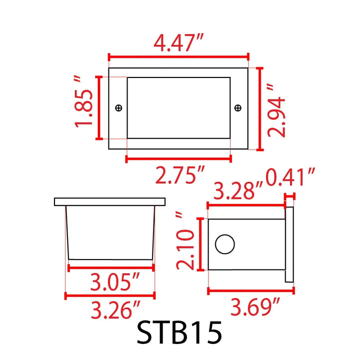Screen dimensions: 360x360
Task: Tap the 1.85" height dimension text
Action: [84, 108]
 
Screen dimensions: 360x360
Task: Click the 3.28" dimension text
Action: [238, 191]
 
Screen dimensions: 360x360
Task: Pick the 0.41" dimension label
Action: [290, 176]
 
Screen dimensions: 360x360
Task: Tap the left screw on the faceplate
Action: [118, 107]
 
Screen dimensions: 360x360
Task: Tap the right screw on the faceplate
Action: [237, 107]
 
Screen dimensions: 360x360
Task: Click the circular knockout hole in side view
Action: [224, 244]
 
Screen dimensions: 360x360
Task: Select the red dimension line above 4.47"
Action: [178, 58]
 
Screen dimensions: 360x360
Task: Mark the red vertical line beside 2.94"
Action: [260, 109]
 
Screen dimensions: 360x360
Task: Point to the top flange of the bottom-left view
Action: [110, 201]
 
